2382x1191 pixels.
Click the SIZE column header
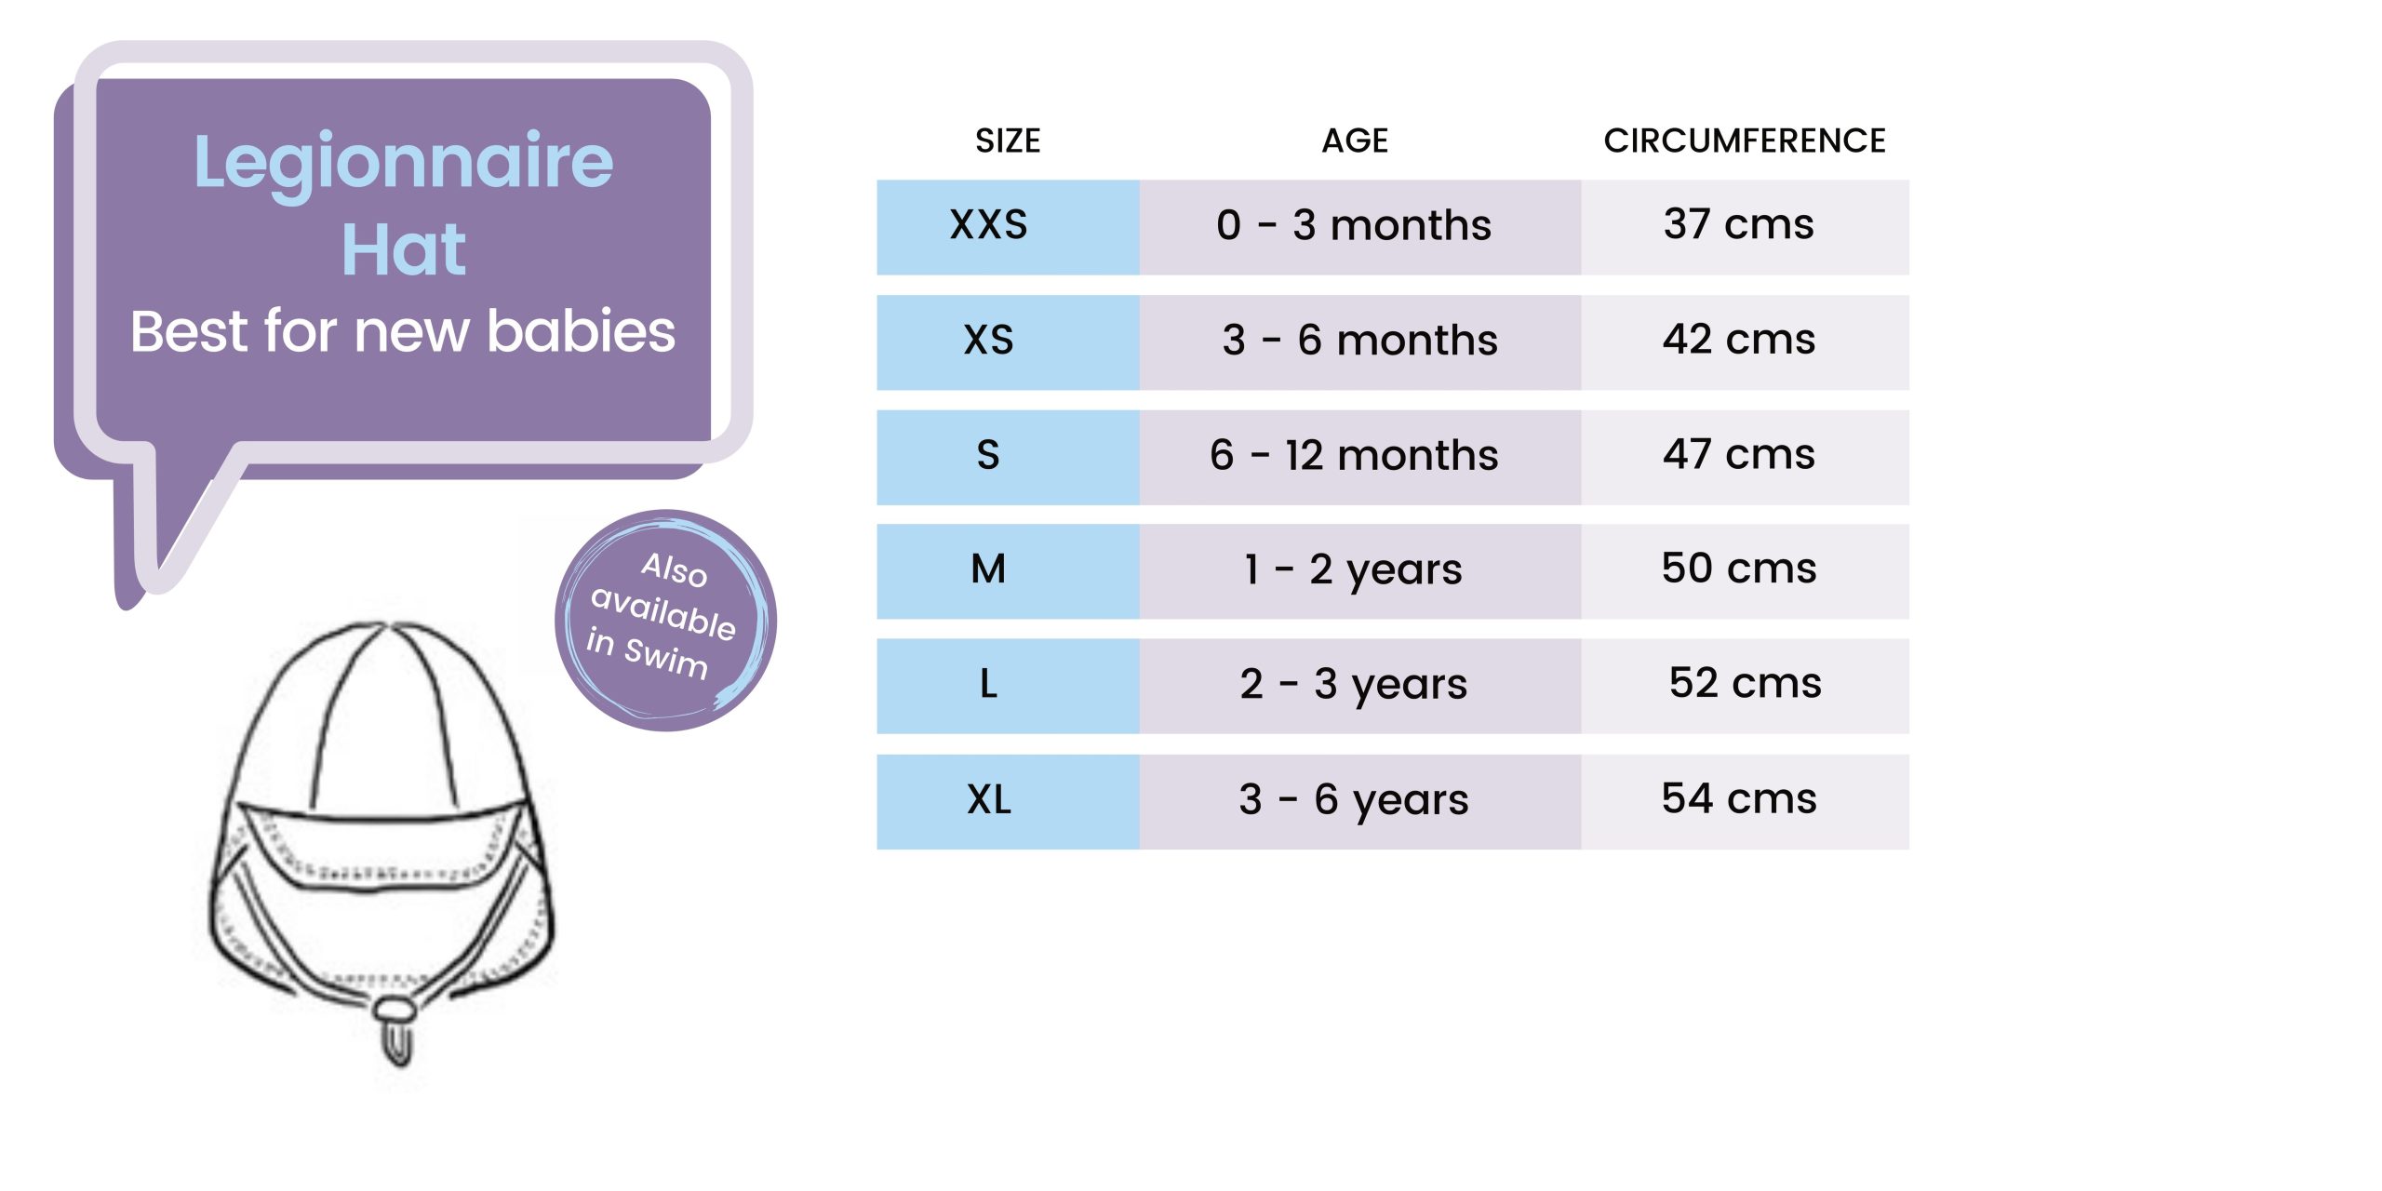click(1008, 141)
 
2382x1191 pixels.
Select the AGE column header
click(1356, 141)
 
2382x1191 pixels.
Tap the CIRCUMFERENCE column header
click(1745, 141)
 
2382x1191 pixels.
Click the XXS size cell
click(1008, 227)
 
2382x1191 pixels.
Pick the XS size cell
click(1008, 342)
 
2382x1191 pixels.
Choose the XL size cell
click(1008, 801)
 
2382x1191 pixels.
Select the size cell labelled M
click(1008, 571)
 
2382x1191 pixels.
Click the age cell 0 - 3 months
click(1360, 227)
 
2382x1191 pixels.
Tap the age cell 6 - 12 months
click(1360, 457)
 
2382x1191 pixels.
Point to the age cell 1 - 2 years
click(1360, 571)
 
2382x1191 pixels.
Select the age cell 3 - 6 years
click(1360, 801)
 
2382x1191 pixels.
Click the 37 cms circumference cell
click(1746, 227)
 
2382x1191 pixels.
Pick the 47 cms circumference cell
click(1746, 457)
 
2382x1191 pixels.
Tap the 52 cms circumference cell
click(1746, 686)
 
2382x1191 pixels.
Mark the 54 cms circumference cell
click(1746, 801)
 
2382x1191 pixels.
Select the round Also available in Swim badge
click(665, 620)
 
